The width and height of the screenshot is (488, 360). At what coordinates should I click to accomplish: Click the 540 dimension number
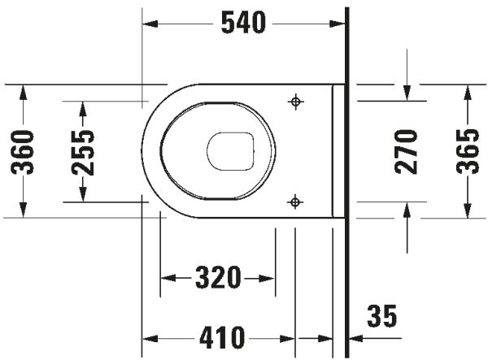point(244,24)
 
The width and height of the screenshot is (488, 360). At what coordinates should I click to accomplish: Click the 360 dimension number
point(23,151)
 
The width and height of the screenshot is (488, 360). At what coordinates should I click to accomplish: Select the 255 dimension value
point(82,152)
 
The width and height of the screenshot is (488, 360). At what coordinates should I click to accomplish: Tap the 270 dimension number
point(406,151)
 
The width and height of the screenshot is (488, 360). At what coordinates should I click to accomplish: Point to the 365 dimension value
point(467,151)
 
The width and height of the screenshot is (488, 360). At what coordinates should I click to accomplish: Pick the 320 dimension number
point(219,278)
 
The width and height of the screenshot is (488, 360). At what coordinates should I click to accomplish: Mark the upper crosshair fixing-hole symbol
point(295,102)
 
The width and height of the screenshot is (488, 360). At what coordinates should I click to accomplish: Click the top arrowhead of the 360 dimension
point(23,90)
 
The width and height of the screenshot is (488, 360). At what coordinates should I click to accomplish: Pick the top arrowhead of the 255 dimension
point(82,107)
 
